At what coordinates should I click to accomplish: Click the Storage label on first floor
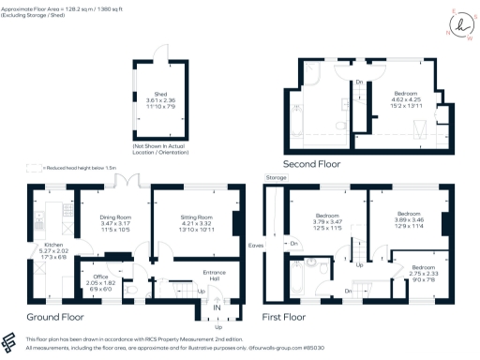point(276,176)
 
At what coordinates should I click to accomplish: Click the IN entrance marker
point(217,307)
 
